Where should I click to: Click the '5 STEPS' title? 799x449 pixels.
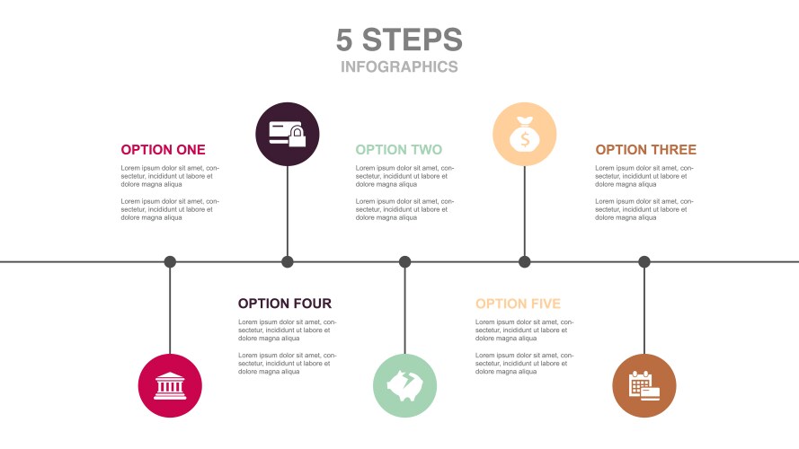click(x=399, y=40)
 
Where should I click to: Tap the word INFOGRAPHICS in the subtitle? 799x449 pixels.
click(x=399, y=66)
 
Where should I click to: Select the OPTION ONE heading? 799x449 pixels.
click(x=163, y=150)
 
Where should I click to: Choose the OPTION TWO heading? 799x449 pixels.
click(x=398, y=150)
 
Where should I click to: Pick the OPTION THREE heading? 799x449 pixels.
click(x=645, y=150)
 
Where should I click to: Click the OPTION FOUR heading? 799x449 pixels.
click(x=284, y=304)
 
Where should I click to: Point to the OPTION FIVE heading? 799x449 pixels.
click(x=518, y=304)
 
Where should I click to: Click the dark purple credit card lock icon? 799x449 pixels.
click(x=288, y=134)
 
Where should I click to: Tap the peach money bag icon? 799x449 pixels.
click(x=525, y=134)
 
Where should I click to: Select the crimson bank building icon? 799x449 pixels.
click(x=170, y=386)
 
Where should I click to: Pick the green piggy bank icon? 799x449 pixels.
click(x=404, y=386)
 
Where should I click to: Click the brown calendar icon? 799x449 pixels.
click(x=644, y=386)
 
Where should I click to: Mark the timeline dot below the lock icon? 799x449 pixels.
click(x=288, y=262)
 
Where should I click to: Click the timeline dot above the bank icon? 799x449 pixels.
click(x=170, y=262)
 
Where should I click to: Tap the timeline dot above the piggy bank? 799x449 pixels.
click(x=404, y=262)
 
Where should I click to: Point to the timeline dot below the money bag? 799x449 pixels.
click(x=525, y=262)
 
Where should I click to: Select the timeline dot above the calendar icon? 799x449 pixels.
click(x=644, y=262)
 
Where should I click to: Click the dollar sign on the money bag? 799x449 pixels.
click(x=525, y=140)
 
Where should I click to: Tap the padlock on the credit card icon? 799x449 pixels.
click(x=298, y=138)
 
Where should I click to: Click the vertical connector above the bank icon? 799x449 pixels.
click(x=170, y=310)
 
